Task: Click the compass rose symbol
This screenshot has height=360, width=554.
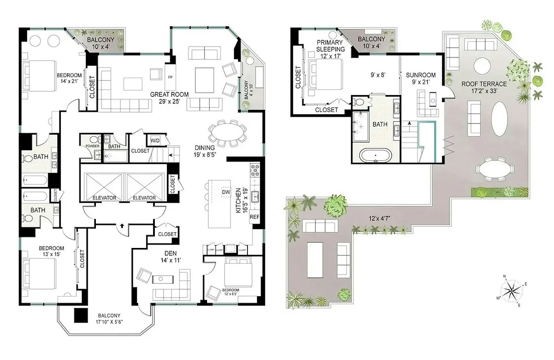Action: pyautogui.click(x=512, y=289)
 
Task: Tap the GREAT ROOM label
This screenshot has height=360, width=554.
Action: pyautogui.click(x=169, y=94)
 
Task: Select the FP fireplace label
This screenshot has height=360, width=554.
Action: pyautogui.click(x=171, y=77)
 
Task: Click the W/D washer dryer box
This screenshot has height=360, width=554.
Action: pyautogui.click(x=155, y=141)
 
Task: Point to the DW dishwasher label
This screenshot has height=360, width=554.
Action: pyautogui.click(x=226, y=193)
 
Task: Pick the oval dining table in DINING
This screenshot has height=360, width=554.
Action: pyautogui.click(x=228, y=133)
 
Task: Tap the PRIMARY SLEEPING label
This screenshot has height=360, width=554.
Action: pyautogui.click(x=330, y=46)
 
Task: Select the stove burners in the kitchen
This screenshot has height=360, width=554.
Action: pyautogui.click(x=254, y=171)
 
